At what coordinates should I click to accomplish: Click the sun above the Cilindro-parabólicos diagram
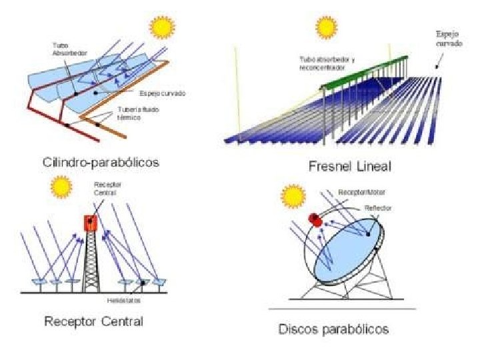tap(161, 27)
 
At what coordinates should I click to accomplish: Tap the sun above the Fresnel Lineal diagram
tap(327, 27)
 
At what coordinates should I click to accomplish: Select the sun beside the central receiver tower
tap(61, 185)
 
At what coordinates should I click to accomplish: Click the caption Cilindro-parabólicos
tap(95, 161)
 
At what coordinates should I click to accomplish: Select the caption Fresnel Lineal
tap(349, 166)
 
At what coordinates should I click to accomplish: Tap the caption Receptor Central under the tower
tap(93, 322)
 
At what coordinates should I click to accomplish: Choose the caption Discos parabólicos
tap(333, 329)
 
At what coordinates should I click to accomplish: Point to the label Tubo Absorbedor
tap(61, 49)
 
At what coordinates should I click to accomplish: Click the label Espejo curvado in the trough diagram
tap(162, 93)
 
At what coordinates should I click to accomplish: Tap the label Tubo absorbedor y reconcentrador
tap(327, 63)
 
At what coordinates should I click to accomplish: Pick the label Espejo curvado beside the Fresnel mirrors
tap(447, 37)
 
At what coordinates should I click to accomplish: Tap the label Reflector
tap(377, 208)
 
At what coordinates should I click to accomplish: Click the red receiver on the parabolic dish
tap(315, 219)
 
